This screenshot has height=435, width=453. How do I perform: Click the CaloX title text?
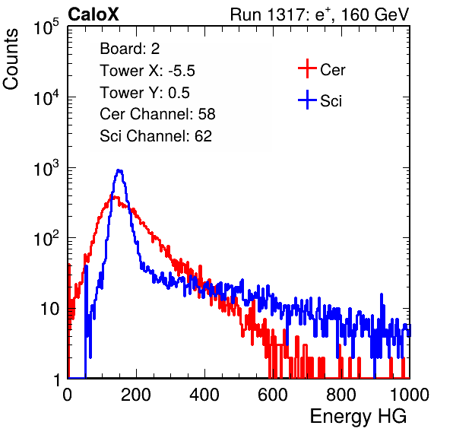tap(93, 14)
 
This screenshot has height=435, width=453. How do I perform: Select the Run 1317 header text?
tap(319, 14)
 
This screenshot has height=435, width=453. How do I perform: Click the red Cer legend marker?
tap(307, 68)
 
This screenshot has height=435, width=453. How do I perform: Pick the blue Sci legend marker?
tap(307, 100)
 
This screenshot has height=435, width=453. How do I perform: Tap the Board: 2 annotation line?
tap(130, 49)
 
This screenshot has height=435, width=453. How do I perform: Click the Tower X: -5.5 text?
tap(147, 71)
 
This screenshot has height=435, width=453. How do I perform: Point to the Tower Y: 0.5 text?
tap(144, 93)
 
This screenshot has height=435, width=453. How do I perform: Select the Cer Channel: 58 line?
tap(157, 114)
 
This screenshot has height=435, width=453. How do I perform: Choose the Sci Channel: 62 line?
tap(156, 136)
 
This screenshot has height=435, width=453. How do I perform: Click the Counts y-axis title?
tap(11, 59)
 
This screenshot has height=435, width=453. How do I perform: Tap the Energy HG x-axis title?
tap(358, 416)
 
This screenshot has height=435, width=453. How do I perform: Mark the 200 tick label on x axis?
tap(136, 395)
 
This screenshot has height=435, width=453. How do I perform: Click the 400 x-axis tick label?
tap(204, 395)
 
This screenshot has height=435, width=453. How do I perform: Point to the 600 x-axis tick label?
tap(273, 395)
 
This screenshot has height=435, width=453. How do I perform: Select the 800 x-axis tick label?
tap(341, 395)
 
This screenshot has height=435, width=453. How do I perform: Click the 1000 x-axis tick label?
tap(410, 395)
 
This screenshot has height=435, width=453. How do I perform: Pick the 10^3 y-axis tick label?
tap(46, 168)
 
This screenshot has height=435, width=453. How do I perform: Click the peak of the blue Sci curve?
tap(119, 170)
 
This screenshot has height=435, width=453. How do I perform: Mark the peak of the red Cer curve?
tap(115, 197)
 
